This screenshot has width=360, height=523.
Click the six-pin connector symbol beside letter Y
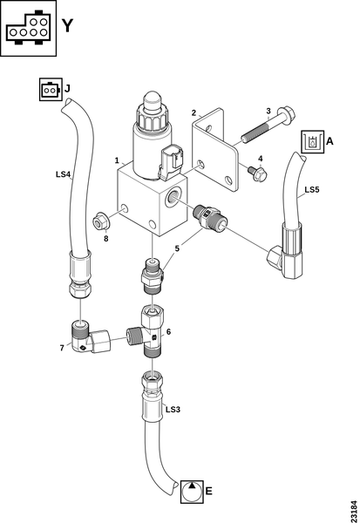point(28,28)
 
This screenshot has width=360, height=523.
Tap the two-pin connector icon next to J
point(51,90)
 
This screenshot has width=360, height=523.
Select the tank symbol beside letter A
point(313,142)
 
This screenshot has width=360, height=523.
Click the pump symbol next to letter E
point(192,492)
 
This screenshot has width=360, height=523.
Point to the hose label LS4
point(63,174)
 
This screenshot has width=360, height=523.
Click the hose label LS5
point(312,189)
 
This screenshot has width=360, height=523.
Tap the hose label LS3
point(173,410)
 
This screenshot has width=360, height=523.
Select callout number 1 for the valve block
point(117,160)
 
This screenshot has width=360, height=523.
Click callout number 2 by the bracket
point(194,112)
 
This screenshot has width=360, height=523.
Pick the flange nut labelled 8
point(99,221)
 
